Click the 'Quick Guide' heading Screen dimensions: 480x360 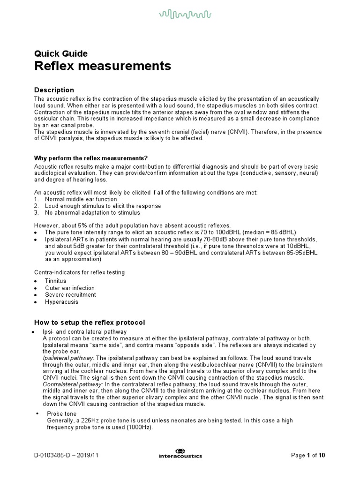(61, 53)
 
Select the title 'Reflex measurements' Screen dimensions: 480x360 (103, 67)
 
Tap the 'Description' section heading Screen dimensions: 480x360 (54, 90)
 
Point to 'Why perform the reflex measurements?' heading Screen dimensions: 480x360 (94, 157)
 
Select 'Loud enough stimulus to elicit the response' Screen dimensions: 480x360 (103, 206)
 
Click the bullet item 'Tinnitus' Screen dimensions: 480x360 (55, 281)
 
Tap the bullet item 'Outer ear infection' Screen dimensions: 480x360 (69, 288)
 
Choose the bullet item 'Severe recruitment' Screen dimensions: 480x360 (70, 295)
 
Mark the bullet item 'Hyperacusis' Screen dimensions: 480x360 (61, 302)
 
